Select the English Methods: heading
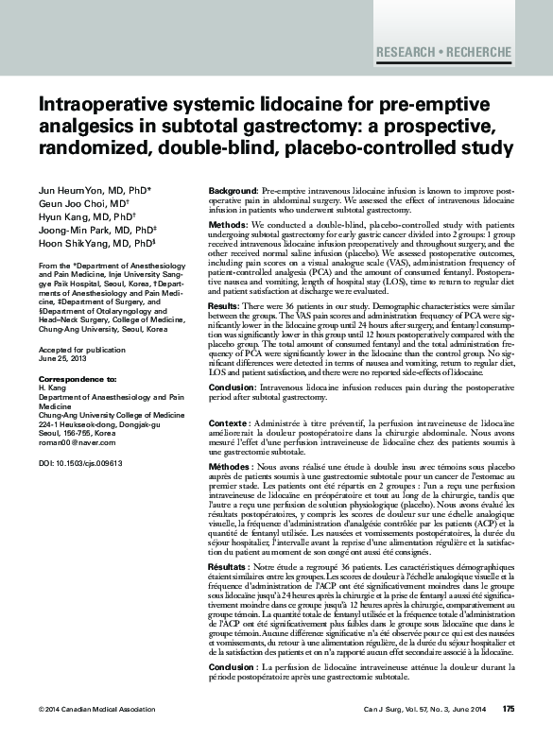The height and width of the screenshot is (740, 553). coord(227,226)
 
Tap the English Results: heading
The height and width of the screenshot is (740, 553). coord(224,307)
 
